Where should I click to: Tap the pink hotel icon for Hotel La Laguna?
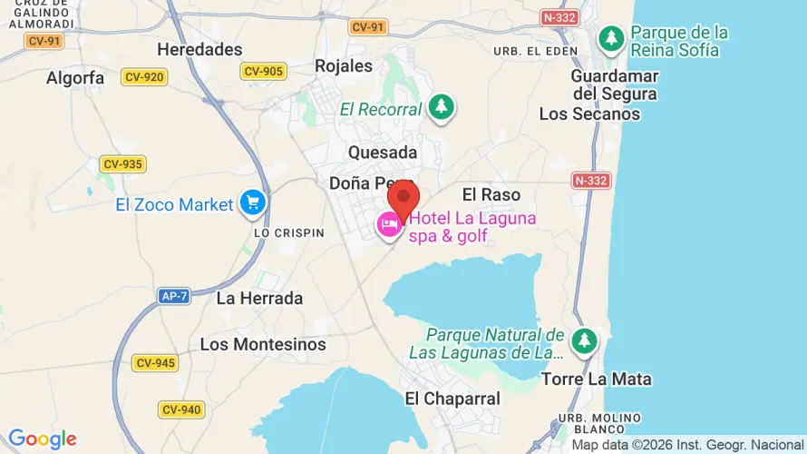pyautogui.click(x=390, y=223)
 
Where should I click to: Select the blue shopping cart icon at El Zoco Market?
pyautogui.click(x=251, y=204)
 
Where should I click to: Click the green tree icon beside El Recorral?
pyautogui.click(x=442, y=107)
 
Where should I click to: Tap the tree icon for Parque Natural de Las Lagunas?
pyautogui.click(x=584, y=340)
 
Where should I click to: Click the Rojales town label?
pyautogui.click(x=343, y=65)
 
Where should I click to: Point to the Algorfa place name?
pyautogui.click(x=75, y=78)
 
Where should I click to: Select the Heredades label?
pyautogui.click(x=199, y=49)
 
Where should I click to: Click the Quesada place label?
pyautogui.click(x=383, y=152)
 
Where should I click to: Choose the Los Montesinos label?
pyautogui.click(x=263, y=344)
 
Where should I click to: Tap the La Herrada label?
pyautogui.click(x=259, y=298)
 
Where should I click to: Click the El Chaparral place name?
pyautogui.click(x=452, y=399)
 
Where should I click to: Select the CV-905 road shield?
pyautogui.click(x=264, y=71)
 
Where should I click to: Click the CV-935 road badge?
pyautogui.click(x=123, y=164)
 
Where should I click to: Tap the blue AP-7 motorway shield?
pyautogui.click(x=173, y=296)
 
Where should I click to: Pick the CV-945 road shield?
pyautogui.click(x=155, y=363)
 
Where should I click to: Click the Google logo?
pyautogui.click(x=42, y=439)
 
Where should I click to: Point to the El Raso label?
pyautogui.click(x=491, y=194)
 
